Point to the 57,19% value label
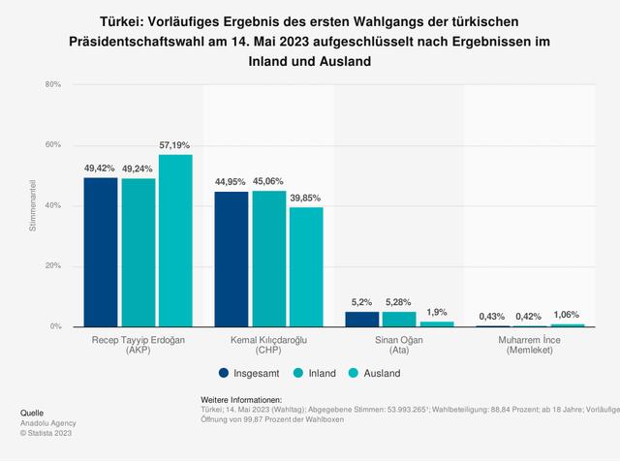pos(175,144)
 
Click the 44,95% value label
pos(232,181)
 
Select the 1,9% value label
pos(436,311)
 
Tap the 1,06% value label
pos(566,314)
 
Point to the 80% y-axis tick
pos(52,85)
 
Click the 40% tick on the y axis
pos(52,206)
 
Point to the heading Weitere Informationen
pos(241,399)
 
